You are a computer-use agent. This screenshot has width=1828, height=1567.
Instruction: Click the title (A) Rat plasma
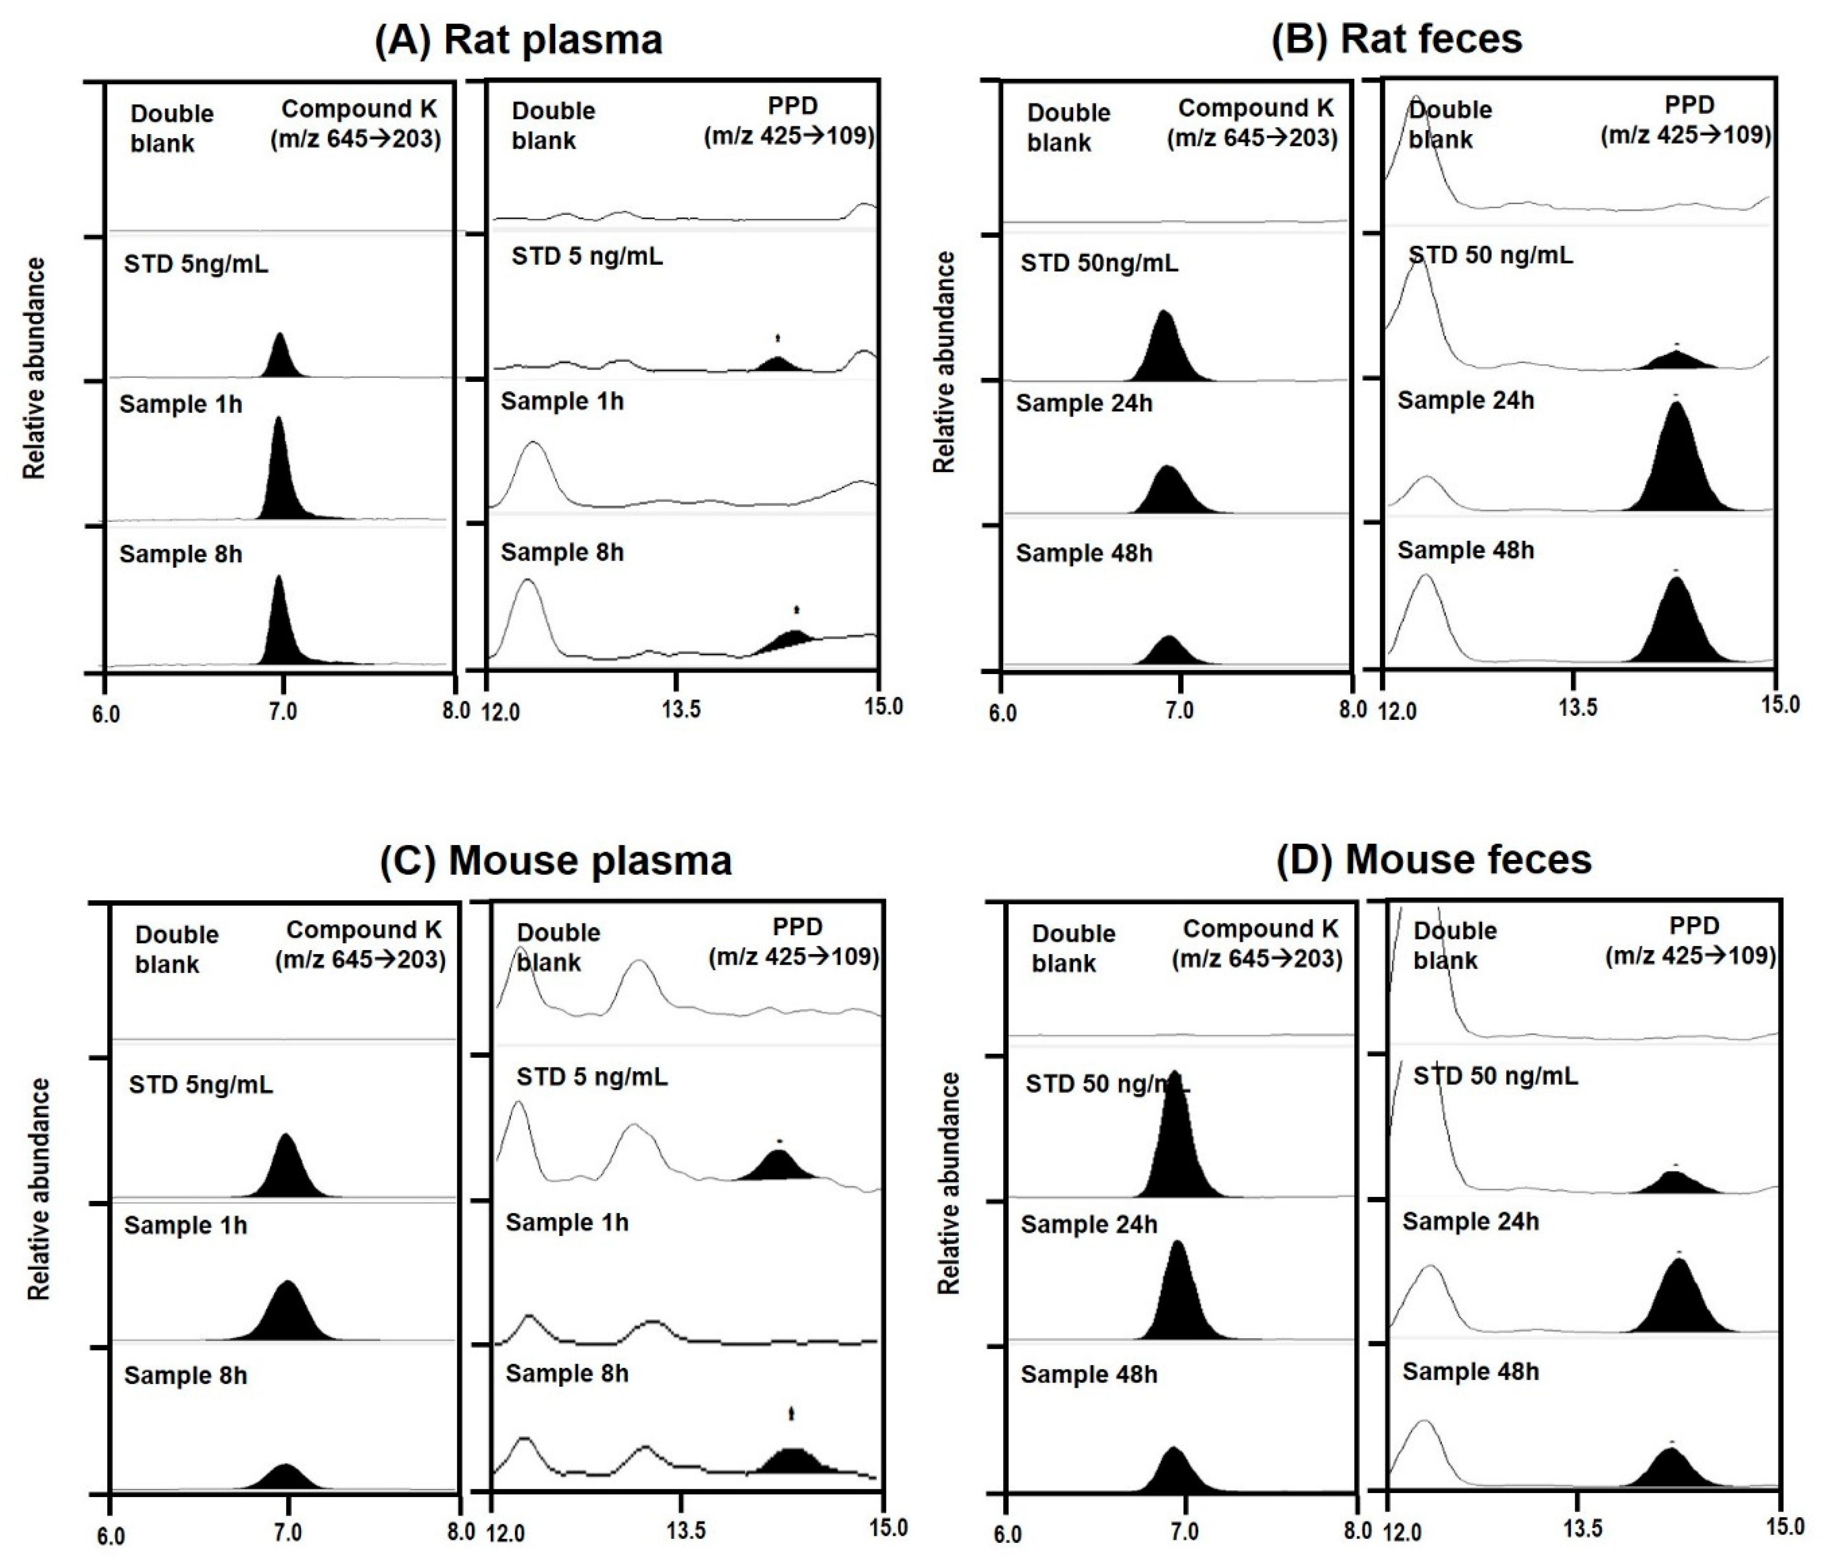click(519, 40)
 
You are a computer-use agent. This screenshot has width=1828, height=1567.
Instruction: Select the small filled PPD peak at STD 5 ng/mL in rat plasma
click(777, 364)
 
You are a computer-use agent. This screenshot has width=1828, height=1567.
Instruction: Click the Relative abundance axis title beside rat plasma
click(34, 368)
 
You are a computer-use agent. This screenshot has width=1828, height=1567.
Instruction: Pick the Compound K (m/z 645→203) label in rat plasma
click(356, 124)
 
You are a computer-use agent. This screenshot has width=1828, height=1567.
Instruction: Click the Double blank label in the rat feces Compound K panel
click(1068, 127)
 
